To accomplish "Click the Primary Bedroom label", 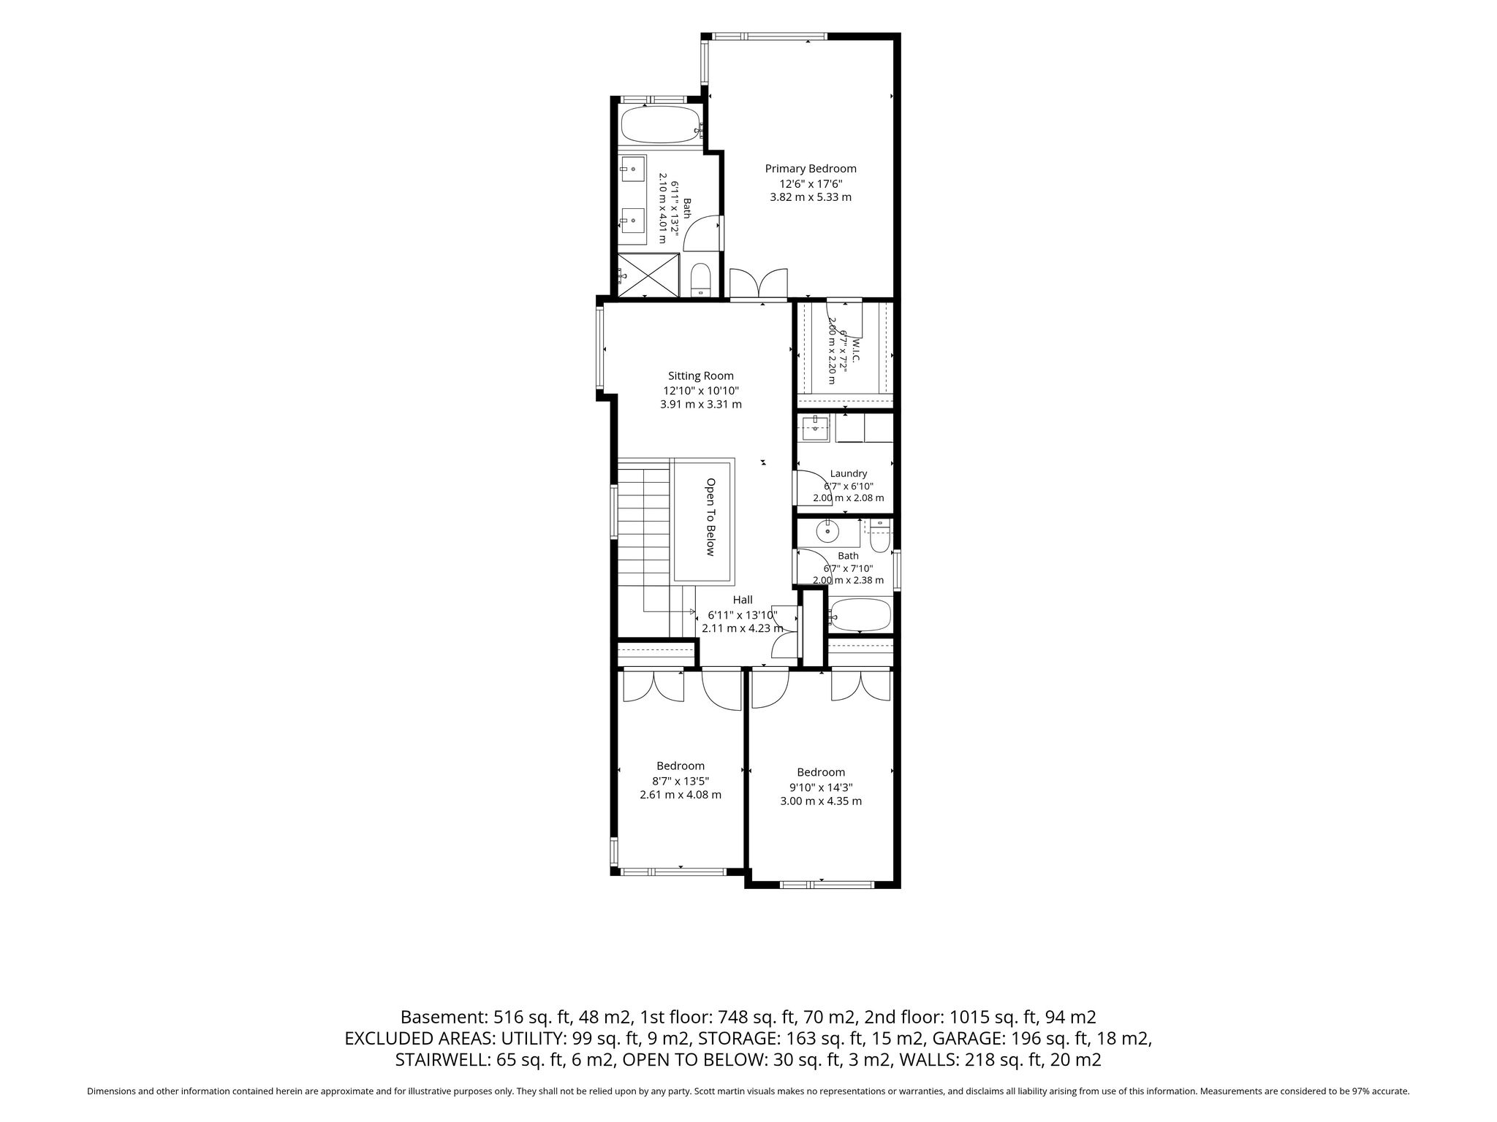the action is point(811,169).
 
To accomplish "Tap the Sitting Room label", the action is point(701,376).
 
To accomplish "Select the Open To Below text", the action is point(710,517).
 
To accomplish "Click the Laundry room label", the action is point(849,473).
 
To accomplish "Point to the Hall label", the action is point(743,600).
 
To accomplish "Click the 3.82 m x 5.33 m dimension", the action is point(811,197).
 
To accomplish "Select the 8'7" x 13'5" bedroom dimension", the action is point(681,780).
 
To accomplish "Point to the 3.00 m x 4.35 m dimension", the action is point(821,801).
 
